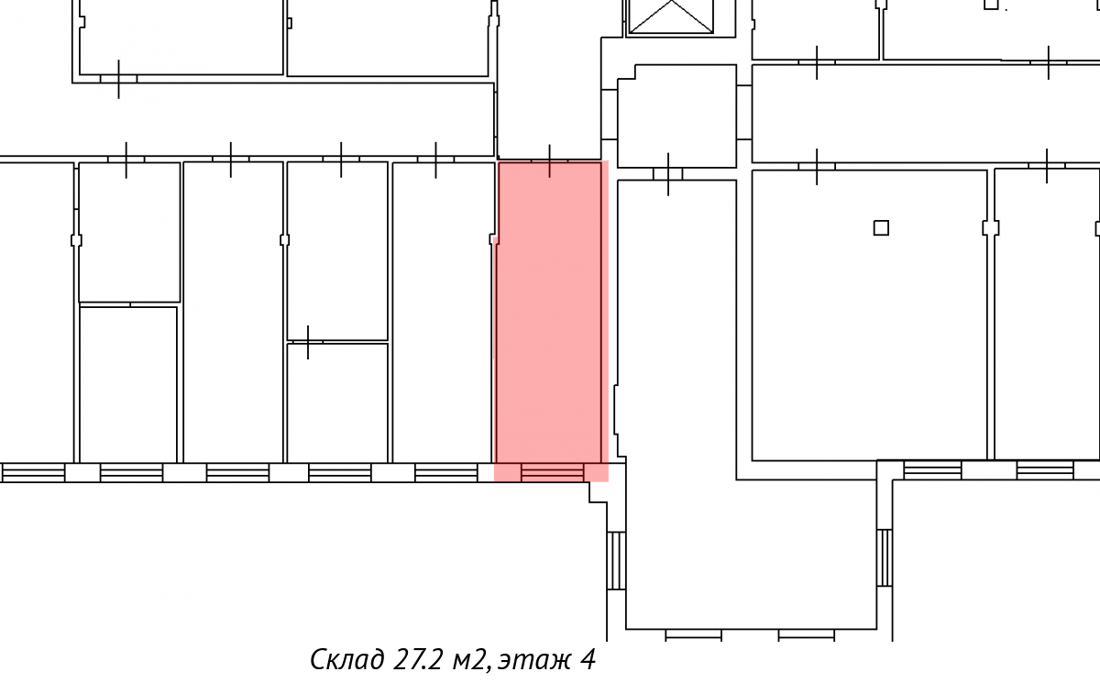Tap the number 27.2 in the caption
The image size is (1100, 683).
417,659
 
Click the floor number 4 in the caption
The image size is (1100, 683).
588,659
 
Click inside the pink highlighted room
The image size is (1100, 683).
549,314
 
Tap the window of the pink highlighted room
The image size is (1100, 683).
553,472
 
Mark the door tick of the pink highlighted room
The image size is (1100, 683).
549,160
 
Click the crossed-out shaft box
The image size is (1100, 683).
671,17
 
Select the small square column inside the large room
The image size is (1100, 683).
881,228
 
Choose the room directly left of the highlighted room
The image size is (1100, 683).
443,313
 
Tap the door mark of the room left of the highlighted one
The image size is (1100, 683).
435,160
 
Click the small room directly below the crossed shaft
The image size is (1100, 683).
676,116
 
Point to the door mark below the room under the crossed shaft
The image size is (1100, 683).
668,174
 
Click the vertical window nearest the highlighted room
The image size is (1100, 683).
616,561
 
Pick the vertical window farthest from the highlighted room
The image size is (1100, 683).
885,557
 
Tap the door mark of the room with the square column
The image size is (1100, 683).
817,167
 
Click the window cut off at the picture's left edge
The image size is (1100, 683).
32,472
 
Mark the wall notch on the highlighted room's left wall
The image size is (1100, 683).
493,239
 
